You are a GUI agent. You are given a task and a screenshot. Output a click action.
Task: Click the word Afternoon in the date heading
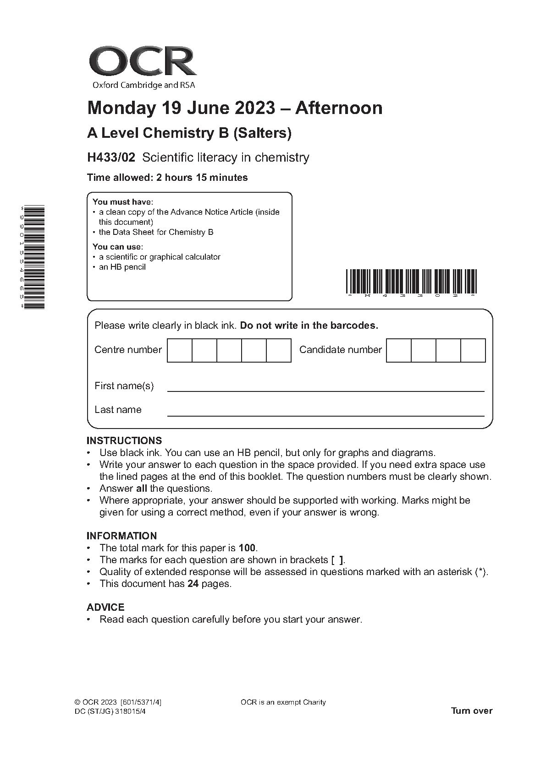click(x=338, y=108)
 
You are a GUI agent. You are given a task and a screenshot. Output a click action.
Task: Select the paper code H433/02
click(x=111, y=157)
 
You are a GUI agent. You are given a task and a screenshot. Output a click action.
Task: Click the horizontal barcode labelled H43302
click(x=411, y=282)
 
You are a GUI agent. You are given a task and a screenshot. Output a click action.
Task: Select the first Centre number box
click(x=180, y=350)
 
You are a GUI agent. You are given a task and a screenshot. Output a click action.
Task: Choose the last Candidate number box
click(x=473, y=350)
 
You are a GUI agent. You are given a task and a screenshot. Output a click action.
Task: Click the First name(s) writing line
click(x=325, y=391)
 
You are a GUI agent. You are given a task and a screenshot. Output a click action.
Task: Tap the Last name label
click(x=118, y=410)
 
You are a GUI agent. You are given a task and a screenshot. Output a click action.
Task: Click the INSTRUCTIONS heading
click(x=124, y=441)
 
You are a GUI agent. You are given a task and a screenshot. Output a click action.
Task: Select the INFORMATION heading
click(x=121, y=536)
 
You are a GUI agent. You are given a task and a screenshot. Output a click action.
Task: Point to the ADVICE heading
click(x=105, y=608)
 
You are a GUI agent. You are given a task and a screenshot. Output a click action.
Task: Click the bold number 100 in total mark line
click(x=248, y=548)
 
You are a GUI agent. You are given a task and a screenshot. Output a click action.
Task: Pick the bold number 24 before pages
click(x=193, y=584)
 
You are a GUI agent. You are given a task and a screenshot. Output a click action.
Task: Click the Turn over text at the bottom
click(x=472, y=711)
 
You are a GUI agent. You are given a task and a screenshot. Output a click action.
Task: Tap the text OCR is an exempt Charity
click(x=283, y=702)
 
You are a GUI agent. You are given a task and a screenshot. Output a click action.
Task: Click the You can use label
click(x=117, y=247)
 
